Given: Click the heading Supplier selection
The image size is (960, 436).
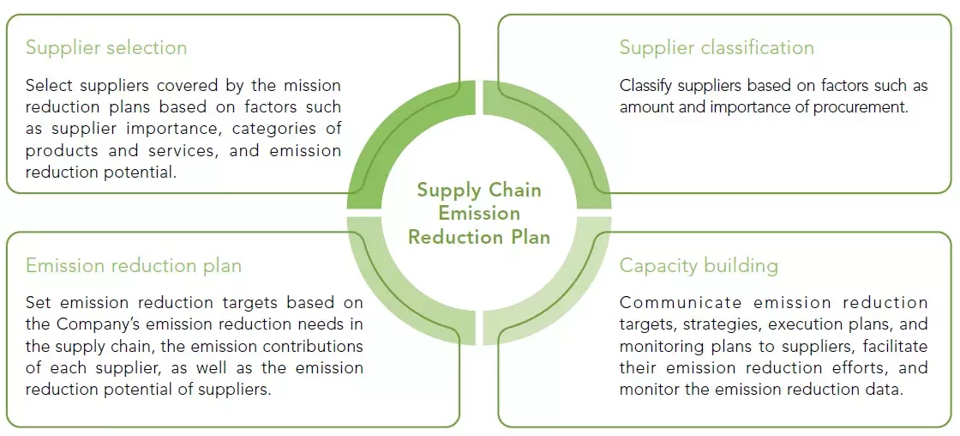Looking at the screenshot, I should click(x=106, y=47).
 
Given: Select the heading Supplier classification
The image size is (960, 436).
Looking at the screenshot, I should click(x=717, y=47).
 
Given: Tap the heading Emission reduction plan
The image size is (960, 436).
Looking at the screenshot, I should click(x=134, y=265).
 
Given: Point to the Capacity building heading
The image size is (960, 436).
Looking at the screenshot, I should click(x=699, y=265).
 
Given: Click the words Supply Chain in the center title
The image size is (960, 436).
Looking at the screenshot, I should click(x=479, y=190).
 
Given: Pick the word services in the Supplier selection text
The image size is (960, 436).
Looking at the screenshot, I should click(x=148, y=150).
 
